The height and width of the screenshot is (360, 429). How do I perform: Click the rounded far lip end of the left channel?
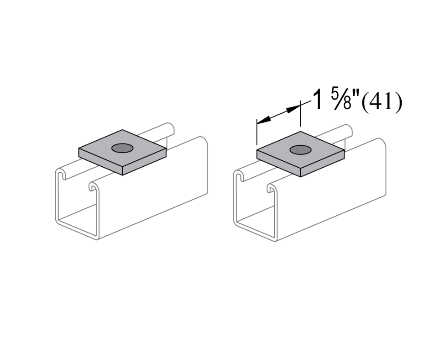171,128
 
